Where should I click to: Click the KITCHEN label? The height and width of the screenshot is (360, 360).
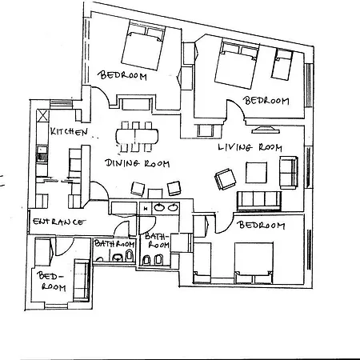pyautogui.click(x=67, y=131)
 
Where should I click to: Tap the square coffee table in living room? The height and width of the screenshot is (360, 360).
pyautogui.click(x=256, y=173)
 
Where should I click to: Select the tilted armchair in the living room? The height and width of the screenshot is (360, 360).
pyautogui.click(x=223, y=178)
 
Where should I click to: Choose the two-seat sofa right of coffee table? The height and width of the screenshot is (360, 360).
pyautogui.click(x=287, y=170)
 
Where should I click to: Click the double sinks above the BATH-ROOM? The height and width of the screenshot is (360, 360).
pyautogui.click(x=166, y=207)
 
